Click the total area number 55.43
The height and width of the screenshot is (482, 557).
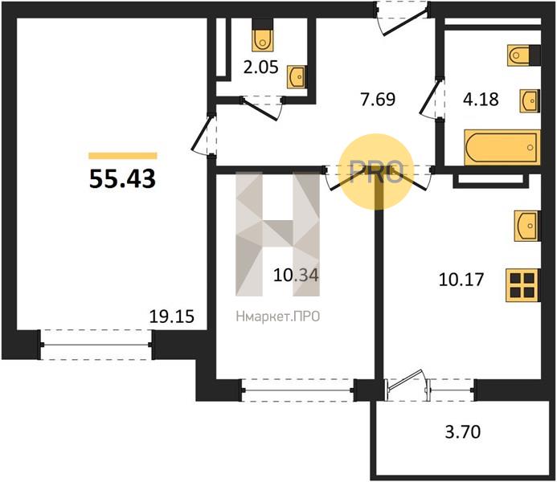point(122,178)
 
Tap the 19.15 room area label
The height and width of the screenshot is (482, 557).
point(172,317)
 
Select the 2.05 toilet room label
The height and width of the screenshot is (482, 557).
point(260,67)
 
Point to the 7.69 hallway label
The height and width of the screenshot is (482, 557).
point(378,99)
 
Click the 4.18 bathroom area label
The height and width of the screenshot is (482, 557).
point(481,99)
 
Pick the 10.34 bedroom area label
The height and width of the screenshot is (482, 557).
point(296,275)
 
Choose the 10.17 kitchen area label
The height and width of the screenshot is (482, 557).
point(461,280)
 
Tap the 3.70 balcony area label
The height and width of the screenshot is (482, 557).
point(463,432)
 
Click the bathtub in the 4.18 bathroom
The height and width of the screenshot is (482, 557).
point(502,148)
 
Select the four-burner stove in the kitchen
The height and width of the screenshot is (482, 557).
point(522,285)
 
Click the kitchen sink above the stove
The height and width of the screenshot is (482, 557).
point(527,226)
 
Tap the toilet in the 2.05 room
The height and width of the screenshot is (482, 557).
point(263,39)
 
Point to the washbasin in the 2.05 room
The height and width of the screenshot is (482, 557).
point(296,76)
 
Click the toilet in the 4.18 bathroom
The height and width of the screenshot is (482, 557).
point(523,55)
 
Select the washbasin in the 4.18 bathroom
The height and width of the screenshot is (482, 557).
point(530,101)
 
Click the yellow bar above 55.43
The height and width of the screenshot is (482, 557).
point(122,156)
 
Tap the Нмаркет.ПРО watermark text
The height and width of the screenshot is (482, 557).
point(278,317)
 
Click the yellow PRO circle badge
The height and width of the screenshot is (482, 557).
point(376,172)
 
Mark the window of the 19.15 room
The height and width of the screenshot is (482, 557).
point(96,345)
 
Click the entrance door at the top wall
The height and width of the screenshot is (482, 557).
point(403,18)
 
